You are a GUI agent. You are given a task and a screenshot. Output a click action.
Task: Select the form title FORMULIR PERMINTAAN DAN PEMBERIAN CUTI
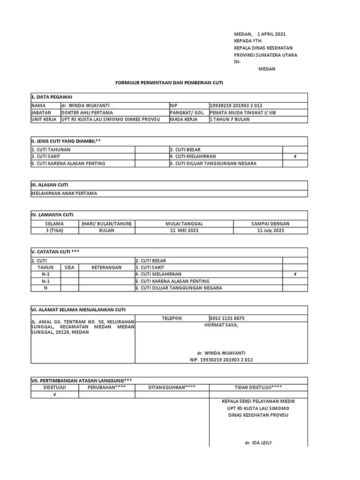click(x=169, y=82)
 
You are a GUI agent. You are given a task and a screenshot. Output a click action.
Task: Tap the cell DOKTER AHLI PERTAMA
click(x=87, y=112)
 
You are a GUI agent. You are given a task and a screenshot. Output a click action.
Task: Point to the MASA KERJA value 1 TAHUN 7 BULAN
click(x=230, y=120)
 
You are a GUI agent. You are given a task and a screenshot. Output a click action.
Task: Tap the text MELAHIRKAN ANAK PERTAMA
click(x=64, y=193)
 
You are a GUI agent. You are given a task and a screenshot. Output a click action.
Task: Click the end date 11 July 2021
click(x=270, y=231)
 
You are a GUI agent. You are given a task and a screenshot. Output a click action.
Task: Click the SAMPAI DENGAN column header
click(x=270, y=224)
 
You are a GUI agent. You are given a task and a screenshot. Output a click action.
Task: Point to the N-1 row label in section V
click(x=45, y=281)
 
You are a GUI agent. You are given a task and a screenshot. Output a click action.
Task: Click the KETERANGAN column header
click(x=106, y=267)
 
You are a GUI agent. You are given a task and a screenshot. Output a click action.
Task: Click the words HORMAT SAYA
click(x=221, y=325)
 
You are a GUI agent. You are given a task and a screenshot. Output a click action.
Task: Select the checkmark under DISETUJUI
click(x=54, y=395)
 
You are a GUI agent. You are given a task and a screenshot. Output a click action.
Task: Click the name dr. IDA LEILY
click(x=258, y=442)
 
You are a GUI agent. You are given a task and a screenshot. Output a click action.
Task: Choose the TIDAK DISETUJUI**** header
click(x=258, y=387)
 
